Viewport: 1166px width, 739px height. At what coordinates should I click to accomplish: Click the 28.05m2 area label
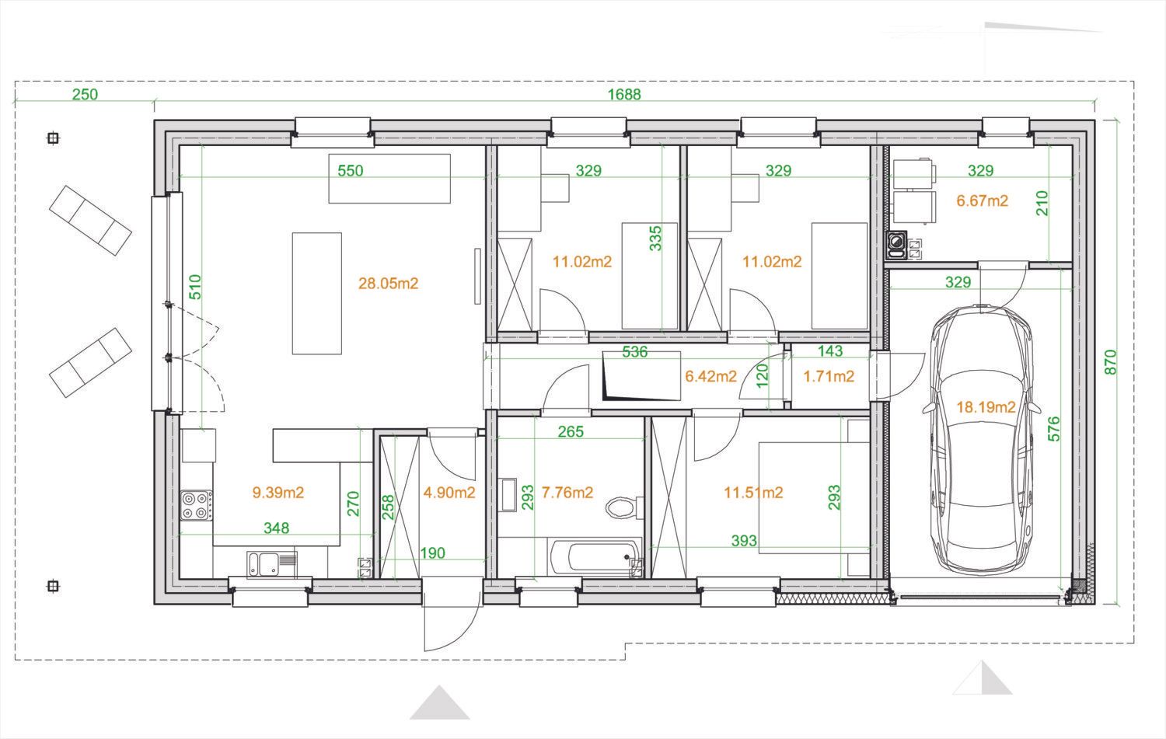click(x=389, y=284)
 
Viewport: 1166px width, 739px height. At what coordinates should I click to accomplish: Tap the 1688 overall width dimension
click(x=624, y=94)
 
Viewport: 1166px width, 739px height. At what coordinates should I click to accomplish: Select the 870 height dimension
click(x=1110, y=361)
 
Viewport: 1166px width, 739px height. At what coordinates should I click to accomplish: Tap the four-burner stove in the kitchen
click(x=196, y=505)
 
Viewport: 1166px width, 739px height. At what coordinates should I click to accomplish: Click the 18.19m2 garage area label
click(x=986, y=407)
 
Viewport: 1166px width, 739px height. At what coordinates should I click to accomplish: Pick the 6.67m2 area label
click(x=983, y=201)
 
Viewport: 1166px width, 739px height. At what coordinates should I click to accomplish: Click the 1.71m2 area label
click(x=829, y=376)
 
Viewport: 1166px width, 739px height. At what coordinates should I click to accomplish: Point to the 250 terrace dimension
click(x=85, y=94)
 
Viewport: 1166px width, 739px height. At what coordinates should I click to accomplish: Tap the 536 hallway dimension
click(x=635, y=352)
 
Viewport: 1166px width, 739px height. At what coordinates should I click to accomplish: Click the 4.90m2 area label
click(x=449, y=493)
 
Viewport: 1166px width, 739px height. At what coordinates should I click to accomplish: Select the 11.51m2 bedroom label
click(x=753, y=493)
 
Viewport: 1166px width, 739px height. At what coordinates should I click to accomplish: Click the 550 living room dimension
click(x=351, y=171)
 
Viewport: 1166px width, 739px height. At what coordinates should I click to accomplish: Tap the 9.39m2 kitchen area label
click(x=278, y=493)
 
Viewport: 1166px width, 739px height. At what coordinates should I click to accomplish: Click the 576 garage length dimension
click(x=1053, y=429)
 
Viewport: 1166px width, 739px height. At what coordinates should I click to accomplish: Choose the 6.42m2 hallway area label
click(x=710, y=376)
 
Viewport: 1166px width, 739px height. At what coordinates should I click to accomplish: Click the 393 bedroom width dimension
click(x=744, y=541)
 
